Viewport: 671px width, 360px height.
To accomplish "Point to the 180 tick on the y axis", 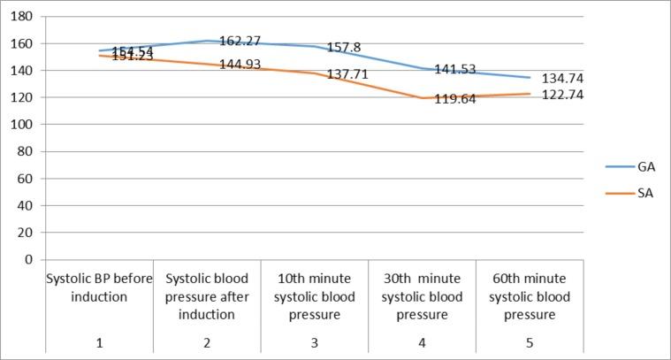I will (x=25, y=17).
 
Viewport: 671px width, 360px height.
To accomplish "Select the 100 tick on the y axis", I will (x=25, y=125).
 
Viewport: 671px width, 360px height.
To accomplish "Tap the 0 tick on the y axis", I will (x=30, y=260).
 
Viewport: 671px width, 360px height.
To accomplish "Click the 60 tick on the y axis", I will (x=27, y=179).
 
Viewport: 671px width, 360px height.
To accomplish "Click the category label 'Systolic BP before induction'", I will (x=99, y=287).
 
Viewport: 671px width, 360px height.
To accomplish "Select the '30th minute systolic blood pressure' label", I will (x=422, y=296).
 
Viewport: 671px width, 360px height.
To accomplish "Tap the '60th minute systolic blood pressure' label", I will (x=530, y=296).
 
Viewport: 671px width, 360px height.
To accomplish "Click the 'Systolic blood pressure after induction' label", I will (x=207, y=296).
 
